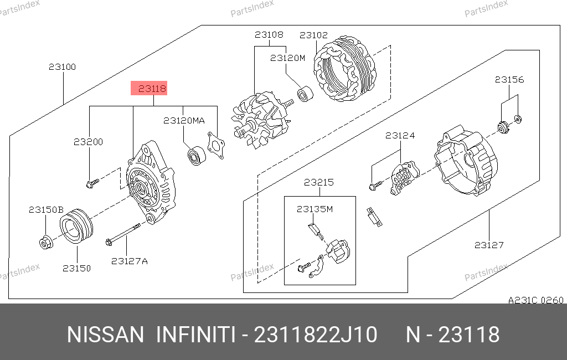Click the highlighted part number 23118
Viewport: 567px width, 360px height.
(x=152, y=88)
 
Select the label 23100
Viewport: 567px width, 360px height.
(x=62, y=67)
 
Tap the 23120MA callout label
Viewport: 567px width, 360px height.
(x=184, y=121)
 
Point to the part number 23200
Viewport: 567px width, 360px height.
(x=88, y=142)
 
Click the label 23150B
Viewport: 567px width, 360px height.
(x=46, y=210)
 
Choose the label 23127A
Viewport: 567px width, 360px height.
(x=130, y=261)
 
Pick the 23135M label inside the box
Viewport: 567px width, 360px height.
(x=315, y=209)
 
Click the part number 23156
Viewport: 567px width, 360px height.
(x=509, y=80)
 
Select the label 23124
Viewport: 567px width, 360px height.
(x=400, y=136)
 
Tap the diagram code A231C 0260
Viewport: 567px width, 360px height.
(x=535, y=300)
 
